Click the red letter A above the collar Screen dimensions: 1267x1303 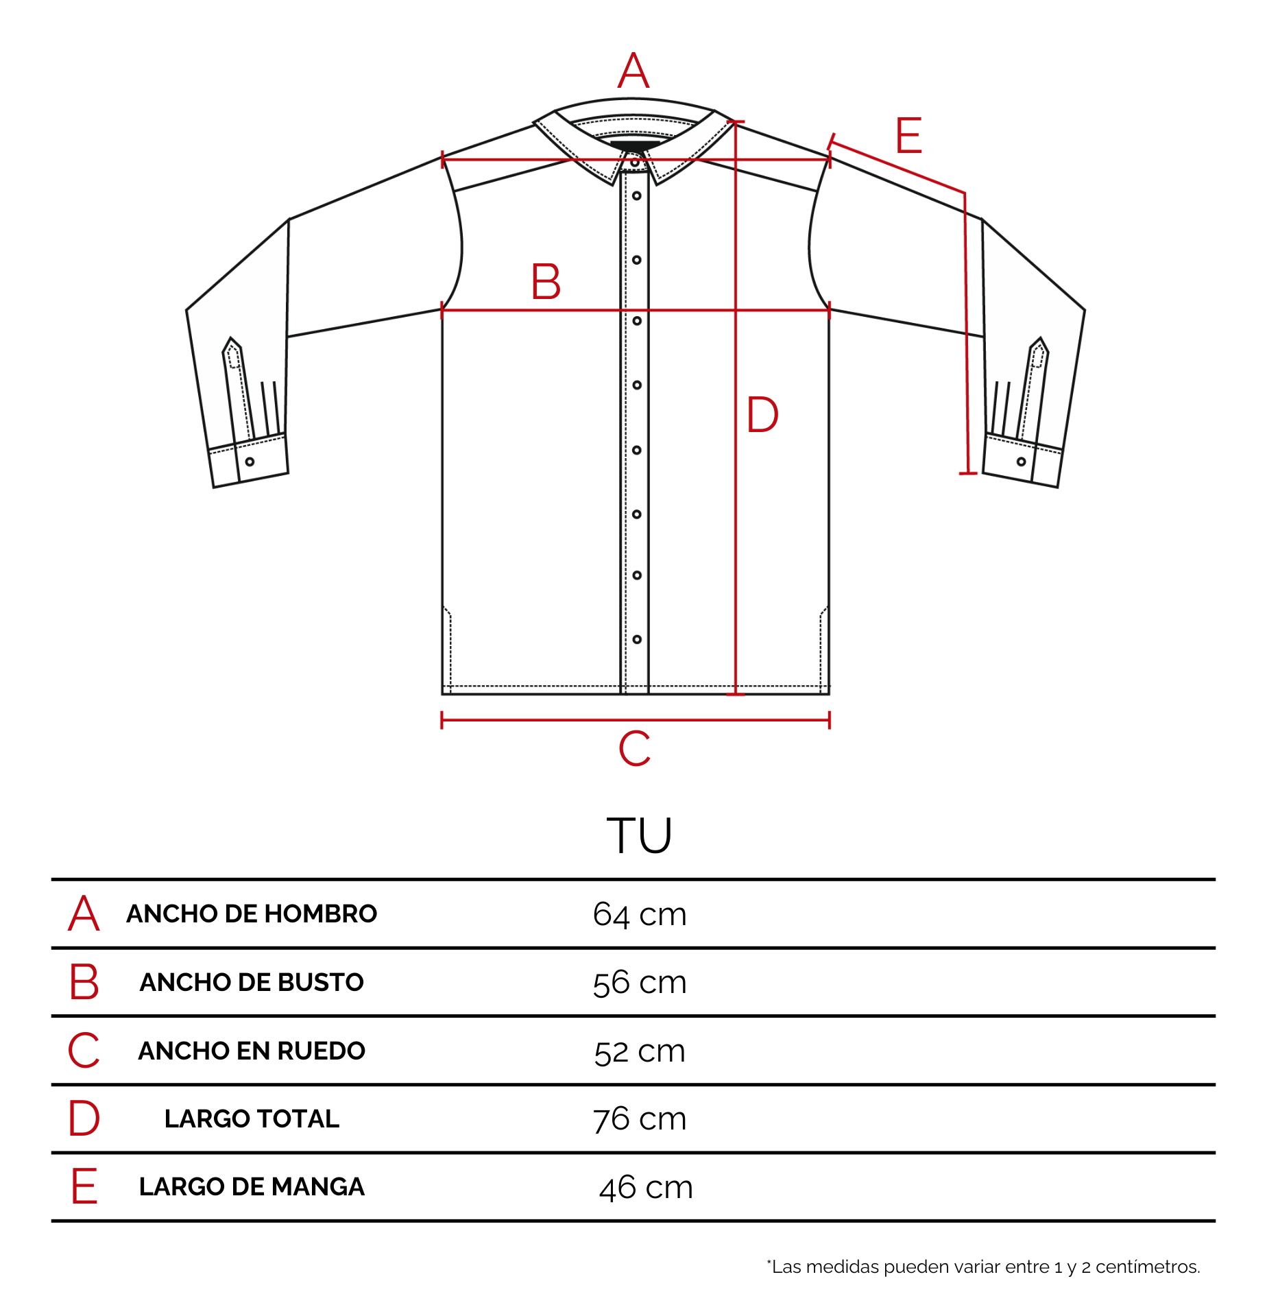633,70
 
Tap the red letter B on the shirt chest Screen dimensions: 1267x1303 546,281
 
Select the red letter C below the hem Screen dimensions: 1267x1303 635,748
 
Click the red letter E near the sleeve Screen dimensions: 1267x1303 909,135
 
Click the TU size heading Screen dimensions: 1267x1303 639,835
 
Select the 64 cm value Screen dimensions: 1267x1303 640,914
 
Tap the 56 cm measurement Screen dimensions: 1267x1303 640,982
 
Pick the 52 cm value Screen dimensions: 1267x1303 640,1051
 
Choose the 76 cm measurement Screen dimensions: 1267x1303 640,1119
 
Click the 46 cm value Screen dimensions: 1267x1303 646,1187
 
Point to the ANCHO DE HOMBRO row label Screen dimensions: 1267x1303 252,913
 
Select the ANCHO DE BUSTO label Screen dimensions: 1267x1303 252,982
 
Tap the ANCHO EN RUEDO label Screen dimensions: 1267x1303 252,1051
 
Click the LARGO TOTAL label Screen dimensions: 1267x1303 252,1119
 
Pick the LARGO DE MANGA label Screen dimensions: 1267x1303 252,1186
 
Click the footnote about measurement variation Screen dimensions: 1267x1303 983,1267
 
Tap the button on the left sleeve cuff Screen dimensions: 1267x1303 250,462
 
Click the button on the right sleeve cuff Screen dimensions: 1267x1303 1021,462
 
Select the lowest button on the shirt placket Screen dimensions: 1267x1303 637,639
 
